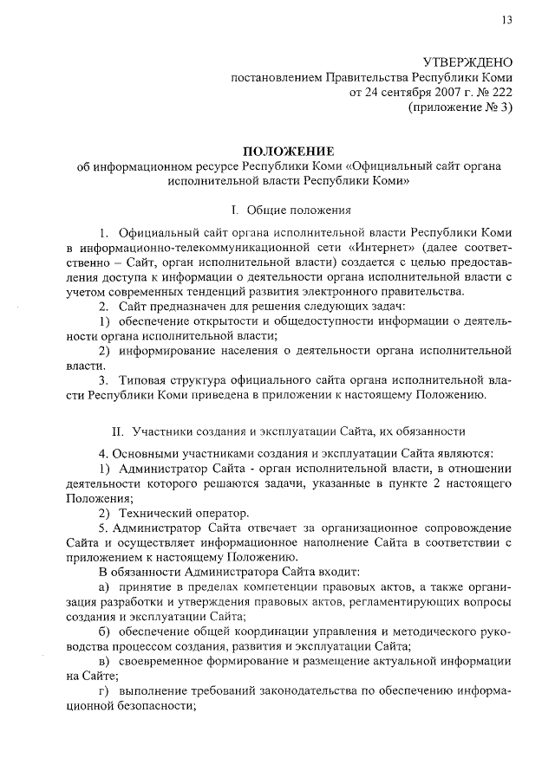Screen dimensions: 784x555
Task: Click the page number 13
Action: pos(506,21)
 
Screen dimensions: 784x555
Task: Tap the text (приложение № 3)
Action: pos(460,107)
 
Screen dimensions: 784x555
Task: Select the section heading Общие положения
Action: pos(299,211)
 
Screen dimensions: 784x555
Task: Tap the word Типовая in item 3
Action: pos(145,379)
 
